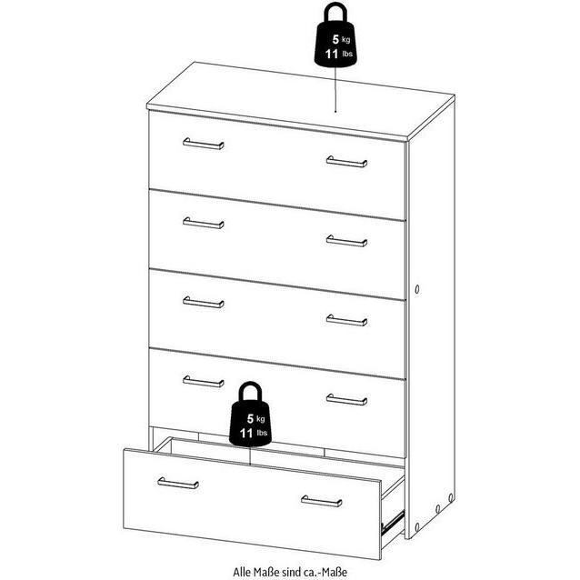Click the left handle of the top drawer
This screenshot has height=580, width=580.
pyautogui.click(x=203, y=144)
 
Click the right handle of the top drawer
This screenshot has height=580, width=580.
pyautogui.click(x=346, y=162)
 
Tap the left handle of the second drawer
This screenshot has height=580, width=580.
pyautogui.click(x=203, y=223)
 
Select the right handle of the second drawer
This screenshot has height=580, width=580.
pyautogui.click(x=346, y=241)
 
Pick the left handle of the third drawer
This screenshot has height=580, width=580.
pyautogui.click(x=203, y=302)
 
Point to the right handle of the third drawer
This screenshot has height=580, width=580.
pyautogui.click(x=346, y=320)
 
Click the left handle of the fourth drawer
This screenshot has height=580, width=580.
pyautogui.click(x=203, y=382)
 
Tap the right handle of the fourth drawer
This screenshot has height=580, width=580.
pyautogui.click(x=346, y=399)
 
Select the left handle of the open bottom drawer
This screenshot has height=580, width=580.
pyautogui.click(x=178, y=483)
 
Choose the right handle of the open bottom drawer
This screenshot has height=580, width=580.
pyautogui.click(x=322, y=501)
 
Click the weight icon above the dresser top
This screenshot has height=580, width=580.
pyautogui.click(x=335, y=35)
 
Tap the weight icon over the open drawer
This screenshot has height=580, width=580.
pyautogui.click(x=250, y=414)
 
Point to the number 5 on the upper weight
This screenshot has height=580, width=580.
pyautogui.click(x=335, y=39)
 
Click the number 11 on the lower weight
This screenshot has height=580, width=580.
pyautogui.click(x=246, y=433)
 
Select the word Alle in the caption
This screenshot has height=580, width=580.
pyautogui.click(x=242, y=572)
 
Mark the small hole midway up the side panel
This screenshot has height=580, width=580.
pyautogui.click(x=417, y=289)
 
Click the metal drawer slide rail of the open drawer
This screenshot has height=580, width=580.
pyautogui.click(x=393, y=523)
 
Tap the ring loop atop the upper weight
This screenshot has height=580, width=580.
pyautogui.click(x=335, y=13)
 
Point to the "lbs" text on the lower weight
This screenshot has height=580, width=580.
pyautogui.click(x=262, y=433)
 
